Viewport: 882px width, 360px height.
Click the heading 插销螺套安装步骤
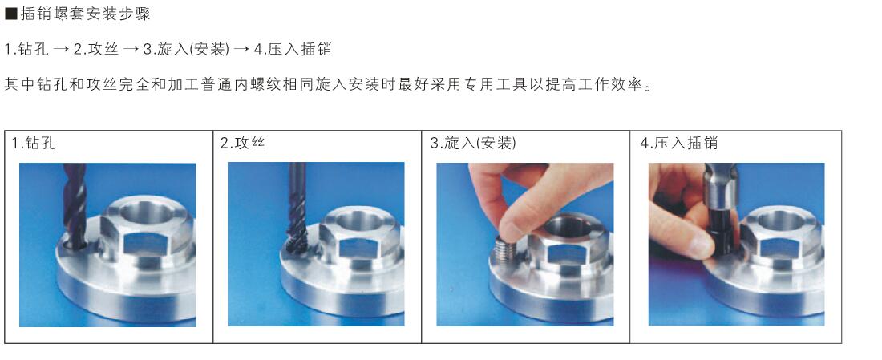(x=86, y=14)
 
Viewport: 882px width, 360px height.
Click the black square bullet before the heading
(x=10, y=14)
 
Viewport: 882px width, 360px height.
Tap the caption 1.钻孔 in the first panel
(x=34, y=143)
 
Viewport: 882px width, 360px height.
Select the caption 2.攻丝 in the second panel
(x=242, y=143)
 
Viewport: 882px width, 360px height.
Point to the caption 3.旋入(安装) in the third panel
(x=473, y=143)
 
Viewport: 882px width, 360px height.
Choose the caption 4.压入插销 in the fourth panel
(x=679, y=143)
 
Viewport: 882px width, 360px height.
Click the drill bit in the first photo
(x=75, y=205)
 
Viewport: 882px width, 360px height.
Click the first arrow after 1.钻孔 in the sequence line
(x=62, y=50)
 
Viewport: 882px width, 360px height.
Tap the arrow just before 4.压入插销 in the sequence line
(x=241, y=50)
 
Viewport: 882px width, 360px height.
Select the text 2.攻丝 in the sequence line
(x=96, y=50)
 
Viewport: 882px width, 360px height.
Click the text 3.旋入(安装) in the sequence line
(x=186, y=50)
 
